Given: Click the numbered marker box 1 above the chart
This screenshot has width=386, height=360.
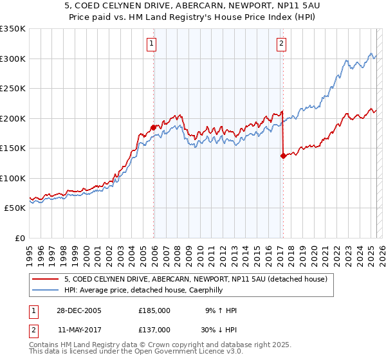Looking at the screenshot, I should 151,44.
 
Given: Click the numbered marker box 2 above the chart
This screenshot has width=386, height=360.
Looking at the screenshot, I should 282,44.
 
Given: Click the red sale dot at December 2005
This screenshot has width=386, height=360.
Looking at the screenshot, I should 153,127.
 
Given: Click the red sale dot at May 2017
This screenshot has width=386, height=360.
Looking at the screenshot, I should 282,155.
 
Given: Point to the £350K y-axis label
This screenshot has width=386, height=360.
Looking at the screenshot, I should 13,29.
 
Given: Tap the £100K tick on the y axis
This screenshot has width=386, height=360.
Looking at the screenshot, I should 13,178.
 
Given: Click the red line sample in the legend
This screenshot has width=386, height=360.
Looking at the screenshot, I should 46,279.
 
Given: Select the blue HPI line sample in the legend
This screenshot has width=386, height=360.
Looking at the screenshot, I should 46,290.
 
